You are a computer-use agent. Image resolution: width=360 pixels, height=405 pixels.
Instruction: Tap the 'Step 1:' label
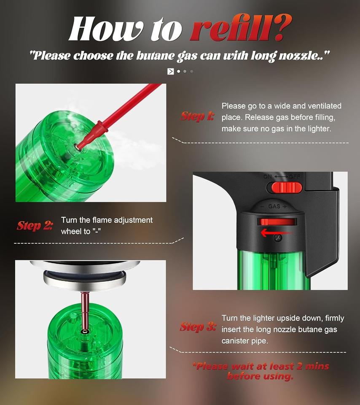click(x=197, y=116)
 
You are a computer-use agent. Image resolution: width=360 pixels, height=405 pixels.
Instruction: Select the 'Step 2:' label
click(x=35, y=225)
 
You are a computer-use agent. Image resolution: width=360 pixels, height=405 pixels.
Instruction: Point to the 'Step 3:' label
click(x=198, y=327)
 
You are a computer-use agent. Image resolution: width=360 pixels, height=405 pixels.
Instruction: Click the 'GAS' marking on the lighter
click(x=274, y=206)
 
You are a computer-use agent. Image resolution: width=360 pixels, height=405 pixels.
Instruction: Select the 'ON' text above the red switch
click(x=268, y=177)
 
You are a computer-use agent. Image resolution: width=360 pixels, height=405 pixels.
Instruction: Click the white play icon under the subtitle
click(x=170, y=71)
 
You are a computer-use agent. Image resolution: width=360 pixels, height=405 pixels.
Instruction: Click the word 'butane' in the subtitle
click(x=156, y=56)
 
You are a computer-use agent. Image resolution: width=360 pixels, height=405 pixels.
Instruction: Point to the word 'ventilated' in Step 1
click(x=325, y=106)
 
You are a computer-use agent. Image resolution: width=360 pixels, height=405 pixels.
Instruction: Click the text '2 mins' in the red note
click(x=312, y=366)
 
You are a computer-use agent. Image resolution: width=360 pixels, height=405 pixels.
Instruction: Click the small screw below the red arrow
click(x=278, y=238)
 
